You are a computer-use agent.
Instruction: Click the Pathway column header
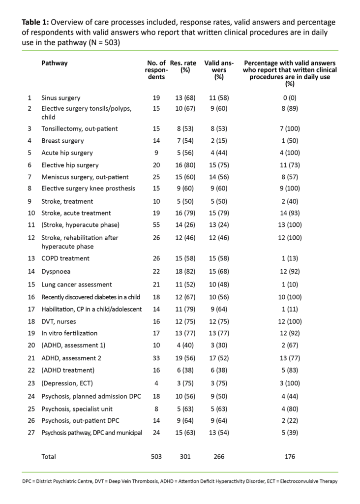point(54,63)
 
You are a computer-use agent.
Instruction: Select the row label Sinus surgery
point(61,98)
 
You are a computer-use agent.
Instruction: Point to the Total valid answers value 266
point(219,456)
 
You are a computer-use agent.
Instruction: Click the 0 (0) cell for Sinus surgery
point(290,98)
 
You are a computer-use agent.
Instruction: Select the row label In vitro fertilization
point(69,333)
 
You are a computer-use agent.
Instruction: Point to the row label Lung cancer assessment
point(76,284)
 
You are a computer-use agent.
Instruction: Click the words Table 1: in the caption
point(35,22)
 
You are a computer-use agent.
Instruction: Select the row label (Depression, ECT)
point(66,384)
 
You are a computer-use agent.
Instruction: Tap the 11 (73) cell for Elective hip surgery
point(290,165)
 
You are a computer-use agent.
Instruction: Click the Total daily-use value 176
point(290,456)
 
